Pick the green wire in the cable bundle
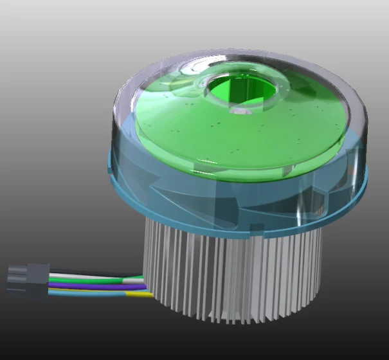[96, 282]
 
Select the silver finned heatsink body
[231, 270]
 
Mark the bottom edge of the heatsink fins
[231, 318]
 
